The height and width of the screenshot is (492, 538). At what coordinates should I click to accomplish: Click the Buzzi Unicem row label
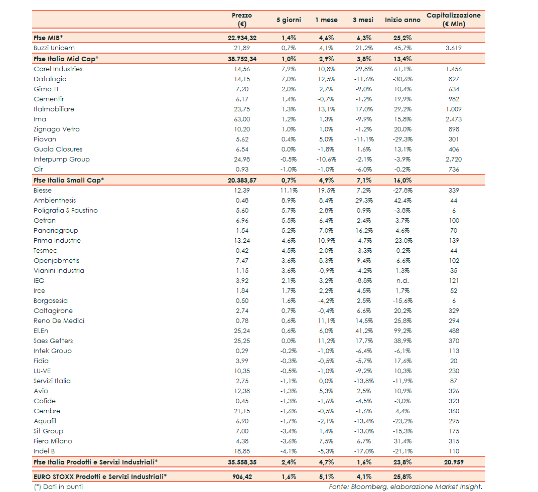pos(54,48)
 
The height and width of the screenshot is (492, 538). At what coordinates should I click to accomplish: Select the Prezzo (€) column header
pos(242,20)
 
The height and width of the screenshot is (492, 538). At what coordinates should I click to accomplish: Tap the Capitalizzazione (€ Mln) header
pos(453,20)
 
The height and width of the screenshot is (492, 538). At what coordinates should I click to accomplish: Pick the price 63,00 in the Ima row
pos(242,119)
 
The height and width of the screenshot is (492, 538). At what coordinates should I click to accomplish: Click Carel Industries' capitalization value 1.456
pos(453,69)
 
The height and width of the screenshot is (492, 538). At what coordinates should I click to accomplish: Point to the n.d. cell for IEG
pos(402,281)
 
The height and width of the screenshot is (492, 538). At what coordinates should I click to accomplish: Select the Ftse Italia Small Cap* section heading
pos(69,181)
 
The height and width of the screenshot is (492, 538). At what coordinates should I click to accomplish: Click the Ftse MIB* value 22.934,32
pos(242,38)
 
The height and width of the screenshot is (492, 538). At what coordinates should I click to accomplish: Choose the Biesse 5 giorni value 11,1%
pos(289,191)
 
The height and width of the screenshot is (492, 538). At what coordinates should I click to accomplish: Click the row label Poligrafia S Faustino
pos(65,211)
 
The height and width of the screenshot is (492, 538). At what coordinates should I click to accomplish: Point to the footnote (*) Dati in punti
pos(58,486)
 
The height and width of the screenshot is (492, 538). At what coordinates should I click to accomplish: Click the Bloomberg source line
pos(406,486)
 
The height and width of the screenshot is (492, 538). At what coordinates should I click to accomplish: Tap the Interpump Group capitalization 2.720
pos(453,159)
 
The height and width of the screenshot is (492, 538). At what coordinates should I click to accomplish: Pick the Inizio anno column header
pos(402,20)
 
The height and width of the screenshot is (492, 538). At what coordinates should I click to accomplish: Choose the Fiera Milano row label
pos(53,441)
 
